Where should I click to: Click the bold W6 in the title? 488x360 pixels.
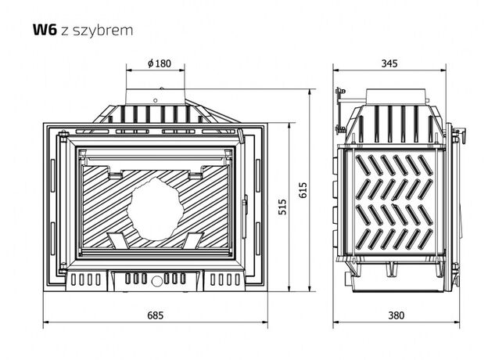pyautogui.click(x=43, y=31)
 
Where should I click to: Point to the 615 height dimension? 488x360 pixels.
pyautogui.click(x=303, y=189)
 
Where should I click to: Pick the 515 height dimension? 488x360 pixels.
pyautogui.click(x=282, y=207)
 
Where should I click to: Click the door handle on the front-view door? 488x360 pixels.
pyautogui.click(x=245, y=205)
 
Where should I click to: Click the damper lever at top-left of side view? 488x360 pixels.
pyautogui.click(x=340, y=98)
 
